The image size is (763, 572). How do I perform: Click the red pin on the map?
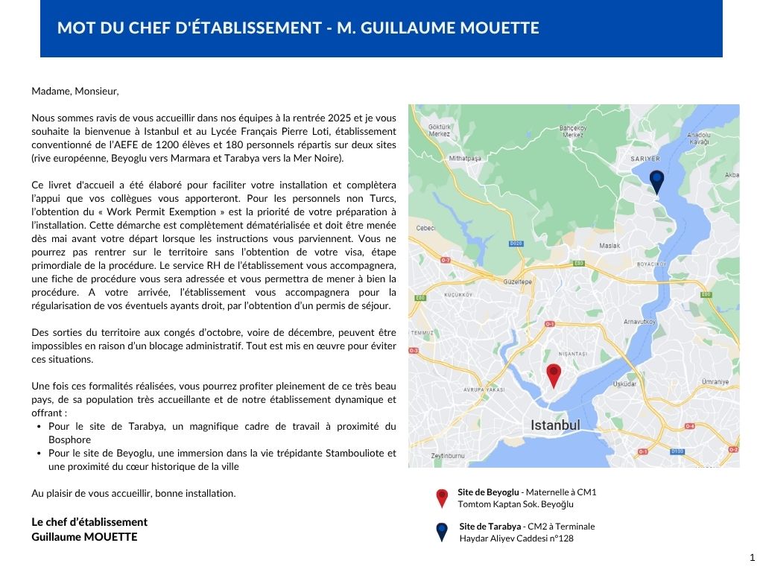[x=553, y=374]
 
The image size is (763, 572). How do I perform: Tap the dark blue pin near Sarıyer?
[x=656, y=180]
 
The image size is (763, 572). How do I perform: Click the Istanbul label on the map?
[x=555, y=425]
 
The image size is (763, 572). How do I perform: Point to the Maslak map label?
[x=610, y=245]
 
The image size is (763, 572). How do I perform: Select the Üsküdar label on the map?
[x=624, y=384]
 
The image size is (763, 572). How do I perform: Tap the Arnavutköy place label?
[x=639, y=322]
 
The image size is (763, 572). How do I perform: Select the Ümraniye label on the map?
[x=715, y=381]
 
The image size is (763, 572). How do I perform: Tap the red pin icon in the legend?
[x=442, y=498]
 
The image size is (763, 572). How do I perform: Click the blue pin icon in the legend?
[x=442, y=531]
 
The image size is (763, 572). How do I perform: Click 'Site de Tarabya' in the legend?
[x=490, y=527]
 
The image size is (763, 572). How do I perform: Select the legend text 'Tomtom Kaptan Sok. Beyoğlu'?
[x=516, y=504]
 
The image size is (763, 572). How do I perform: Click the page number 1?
[x=752, y=558]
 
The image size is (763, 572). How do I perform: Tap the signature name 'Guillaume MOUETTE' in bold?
[x=84, y=537]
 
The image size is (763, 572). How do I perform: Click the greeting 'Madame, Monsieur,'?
[x=75, y=92]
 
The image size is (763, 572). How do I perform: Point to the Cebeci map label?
[x=425, y=228]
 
